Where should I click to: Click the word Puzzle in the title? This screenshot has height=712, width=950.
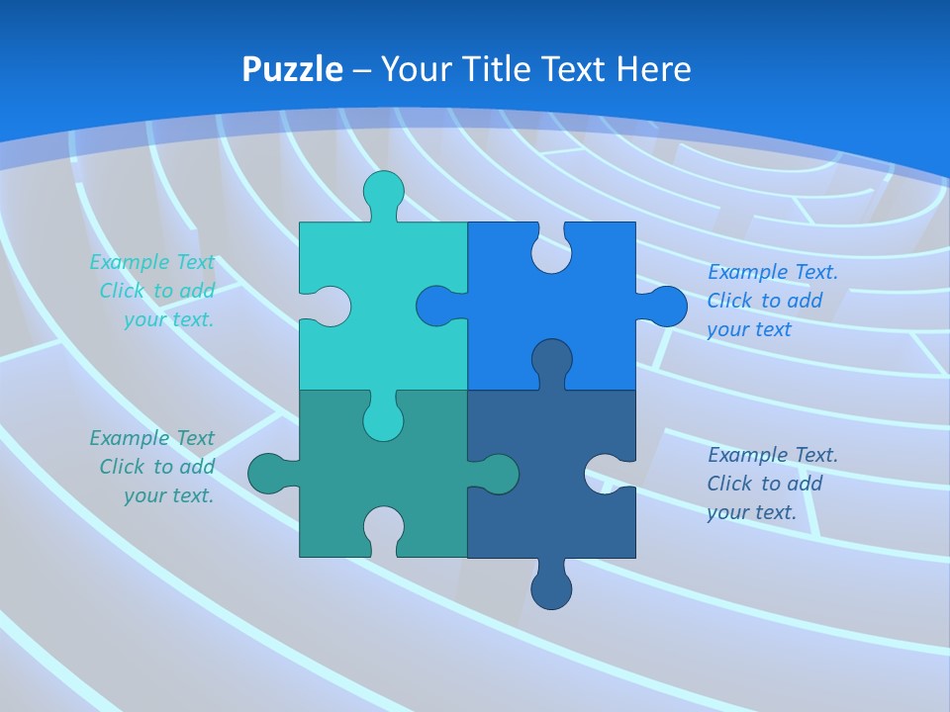293,70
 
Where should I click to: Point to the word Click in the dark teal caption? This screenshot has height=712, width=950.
122,467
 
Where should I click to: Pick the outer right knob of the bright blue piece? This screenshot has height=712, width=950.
668,307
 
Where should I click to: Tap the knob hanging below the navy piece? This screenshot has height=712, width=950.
551,589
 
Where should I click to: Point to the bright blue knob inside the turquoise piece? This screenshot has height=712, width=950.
435,307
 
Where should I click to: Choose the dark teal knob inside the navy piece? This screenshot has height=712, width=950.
499,474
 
